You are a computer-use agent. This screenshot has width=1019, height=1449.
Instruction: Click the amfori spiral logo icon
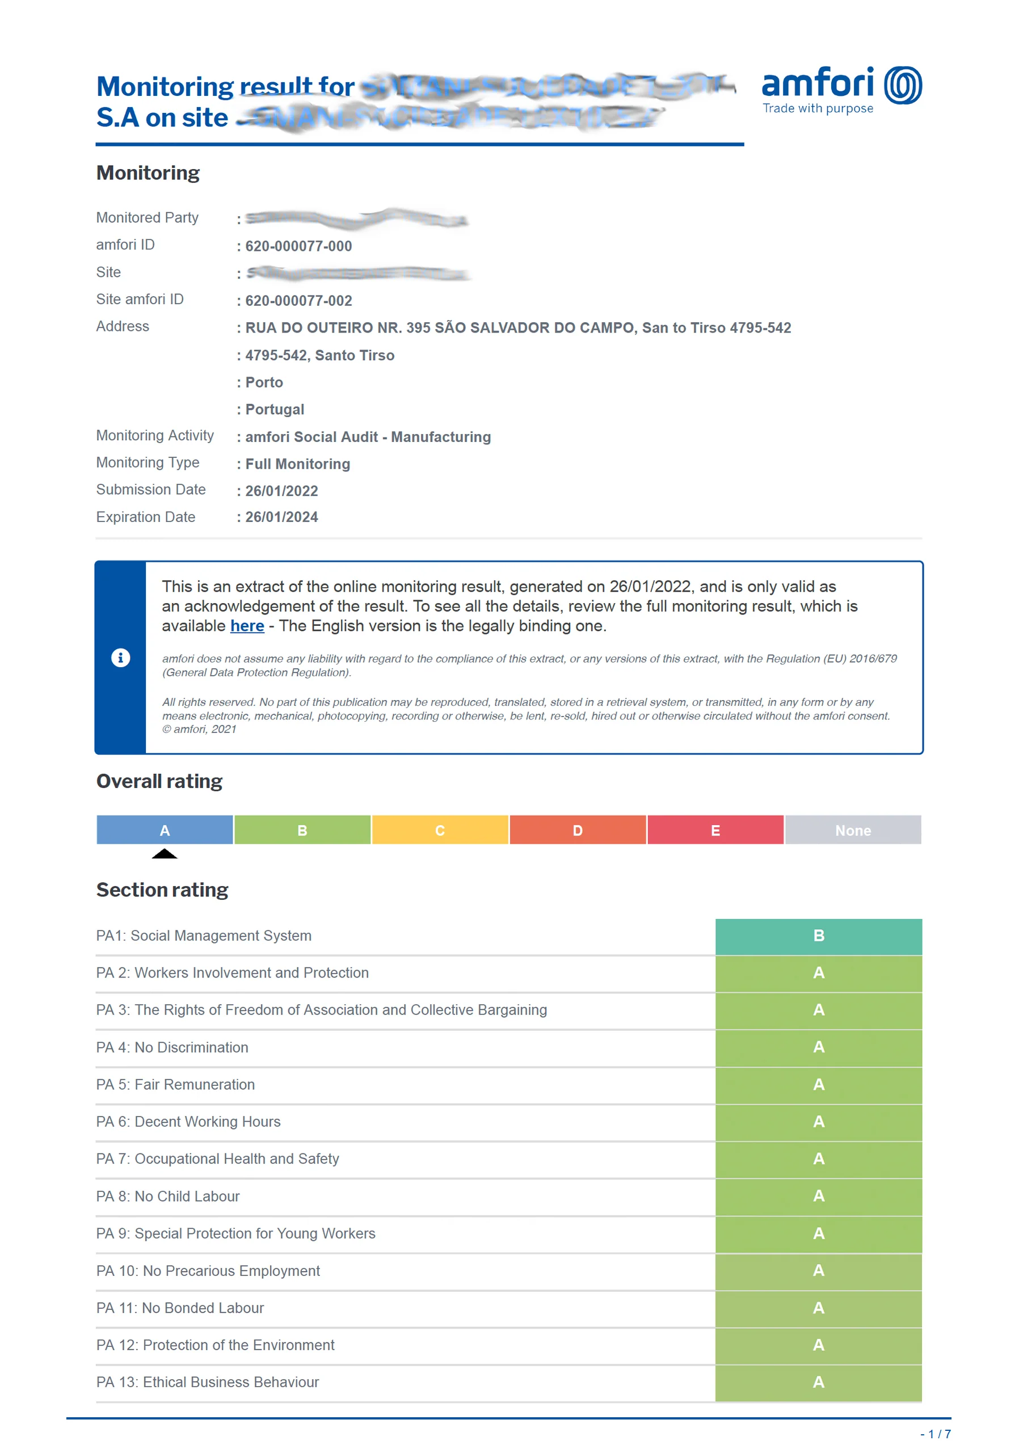pos(902,85)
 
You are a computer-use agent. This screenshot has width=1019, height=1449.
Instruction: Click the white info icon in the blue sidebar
pos(120,658)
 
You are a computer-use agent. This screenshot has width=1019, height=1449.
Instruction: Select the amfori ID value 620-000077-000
pos(298,246)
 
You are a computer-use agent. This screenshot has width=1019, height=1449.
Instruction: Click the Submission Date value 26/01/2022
pos(281,491)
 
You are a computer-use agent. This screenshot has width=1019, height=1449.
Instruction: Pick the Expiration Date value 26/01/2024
pos(281,517)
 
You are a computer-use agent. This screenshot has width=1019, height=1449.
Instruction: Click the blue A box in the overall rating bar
pos(165,830)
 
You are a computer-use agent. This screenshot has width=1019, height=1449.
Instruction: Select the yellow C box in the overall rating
pos(440,830)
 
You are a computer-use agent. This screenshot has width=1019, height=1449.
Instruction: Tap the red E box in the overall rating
pos(715,830)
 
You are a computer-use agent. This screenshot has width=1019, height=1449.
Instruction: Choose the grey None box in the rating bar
pos(852,830)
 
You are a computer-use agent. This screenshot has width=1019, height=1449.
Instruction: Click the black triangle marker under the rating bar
pos(165,854)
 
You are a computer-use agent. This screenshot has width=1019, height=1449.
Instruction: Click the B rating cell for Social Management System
pos(818,936)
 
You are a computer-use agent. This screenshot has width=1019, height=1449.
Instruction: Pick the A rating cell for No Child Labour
pos(818,1197)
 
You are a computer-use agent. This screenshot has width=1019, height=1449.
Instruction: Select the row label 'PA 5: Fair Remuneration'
pos(175,1085)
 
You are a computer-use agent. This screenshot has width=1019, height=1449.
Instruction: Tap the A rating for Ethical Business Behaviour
pos(818,1383)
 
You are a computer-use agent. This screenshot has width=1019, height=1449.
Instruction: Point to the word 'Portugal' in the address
pos(275,410)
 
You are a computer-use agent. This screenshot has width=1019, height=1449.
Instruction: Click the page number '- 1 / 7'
pos(935,1434)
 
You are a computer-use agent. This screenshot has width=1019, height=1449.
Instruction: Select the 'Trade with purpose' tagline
pos(818,108)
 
